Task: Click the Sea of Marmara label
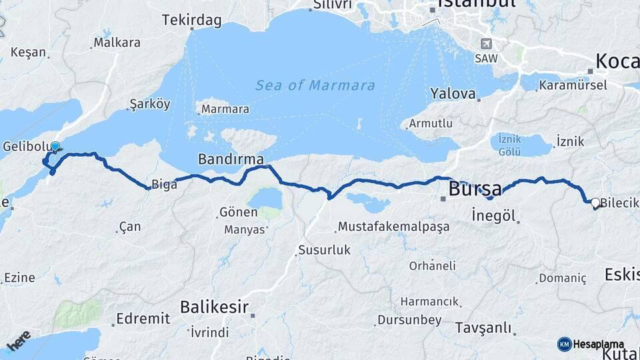click(315, 85)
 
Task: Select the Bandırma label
click(231, 159)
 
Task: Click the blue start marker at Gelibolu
click(55, 147)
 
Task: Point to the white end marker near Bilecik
click(595, 202)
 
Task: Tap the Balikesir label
click(214, 307)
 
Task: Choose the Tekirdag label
click(191, 21)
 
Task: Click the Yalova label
click(453, 93)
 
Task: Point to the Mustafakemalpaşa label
click(393, 227)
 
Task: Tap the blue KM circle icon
click(564, 344)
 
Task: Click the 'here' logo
click(19, 340)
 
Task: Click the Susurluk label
click(323, 250)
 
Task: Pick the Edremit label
click(143, 319)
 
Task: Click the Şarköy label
click(150, 104)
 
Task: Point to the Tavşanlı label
click(483, 328)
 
